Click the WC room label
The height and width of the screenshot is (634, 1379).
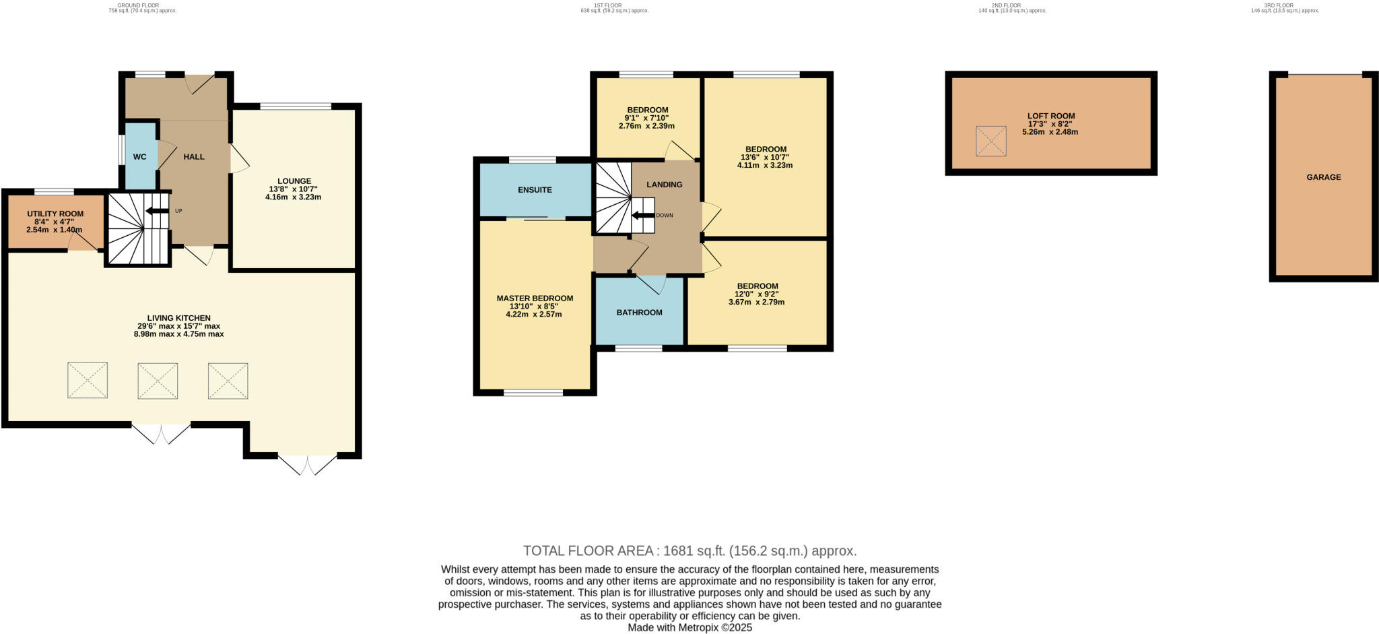tap(139, 157)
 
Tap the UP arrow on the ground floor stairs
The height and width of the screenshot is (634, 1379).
tap(157, 211)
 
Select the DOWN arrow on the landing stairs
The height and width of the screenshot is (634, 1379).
tap(643, 216)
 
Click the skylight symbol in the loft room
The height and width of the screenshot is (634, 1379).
tap(990, 141)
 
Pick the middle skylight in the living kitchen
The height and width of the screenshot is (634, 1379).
tap(158, 381)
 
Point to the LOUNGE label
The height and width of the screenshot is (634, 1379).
tap(294, 181)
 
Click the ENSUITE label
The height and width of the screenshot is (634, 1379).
tap(535, 190)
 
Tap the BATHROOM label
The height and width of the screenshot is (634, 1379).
tap(639, 313)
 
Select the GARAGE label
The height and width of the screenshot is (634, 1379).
tap(1323, 177)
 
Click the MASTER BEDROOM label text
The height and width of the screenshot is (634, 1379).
tap(535, 298)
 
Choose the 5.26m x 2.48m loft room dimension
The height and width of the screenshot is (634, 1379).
tap(1050, 132)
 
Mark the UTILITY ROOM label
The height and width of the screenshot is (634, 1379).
tap(55, 214)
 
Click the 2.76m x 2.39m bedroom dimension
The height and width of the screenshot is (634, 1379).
tap(646, 126)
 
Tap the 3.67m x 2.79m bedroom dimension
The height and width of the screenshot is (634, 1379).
tap(756, 303)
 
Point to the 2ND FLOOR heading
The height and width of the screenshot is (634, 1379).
tap(1005, 5)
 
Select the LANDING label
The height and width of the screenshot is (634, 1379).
tap(664, 185)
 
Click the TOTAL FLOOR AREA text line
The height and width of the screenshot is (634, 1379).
tap(689, 550)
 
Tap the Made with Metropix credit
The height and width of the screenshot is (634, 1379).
tap(689, 627)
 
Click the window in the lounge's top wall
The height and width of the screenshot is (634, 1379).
tap(296, 106)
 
